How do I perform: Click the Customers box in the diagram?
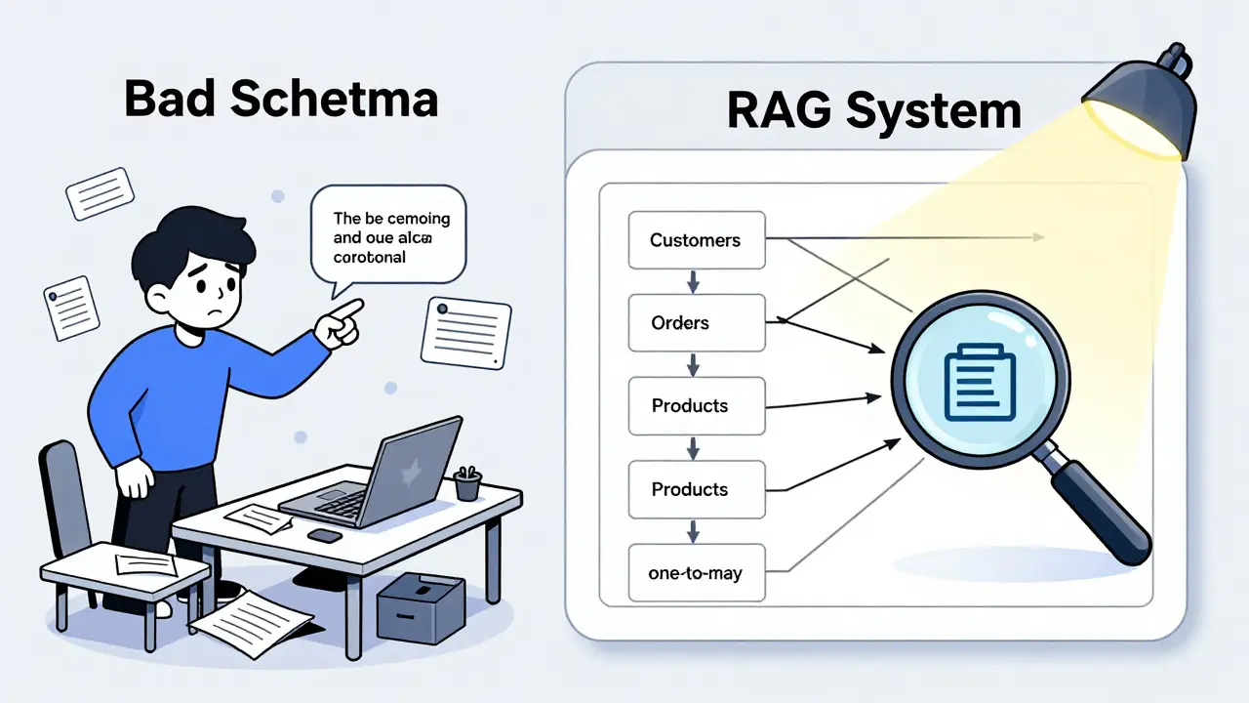pos(695,240)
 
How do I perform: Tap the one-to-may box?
pos(695,573)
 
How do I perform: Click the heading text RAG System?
pos(873,111)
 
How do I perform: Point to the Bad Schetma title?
pos(281,101)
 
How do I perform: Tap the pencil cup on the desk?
pos(467,482)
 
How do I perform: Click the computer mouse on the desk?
pos(325,535)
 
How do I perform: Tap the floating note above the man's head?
pos(100,193)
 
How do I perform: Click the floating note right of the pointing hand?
pos(466,329)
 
